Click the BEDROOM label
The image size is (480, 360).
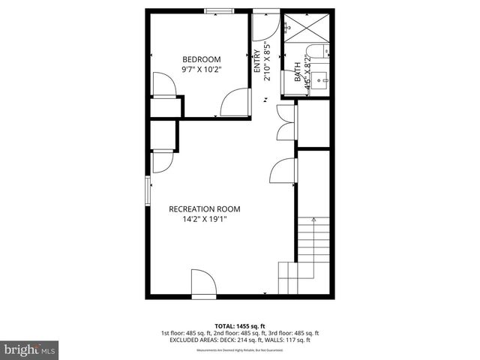[202, 59]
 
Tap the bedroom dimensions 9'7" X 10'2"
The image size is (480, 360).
[202, 69]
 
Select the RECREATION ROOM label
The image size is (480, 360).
[204, 209]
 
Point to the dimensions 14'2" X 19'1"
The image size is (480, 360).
[204, 220]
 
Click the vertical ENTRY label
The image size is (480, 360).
[257, 60]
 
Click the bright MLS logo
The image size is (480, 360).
[29, 349]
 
